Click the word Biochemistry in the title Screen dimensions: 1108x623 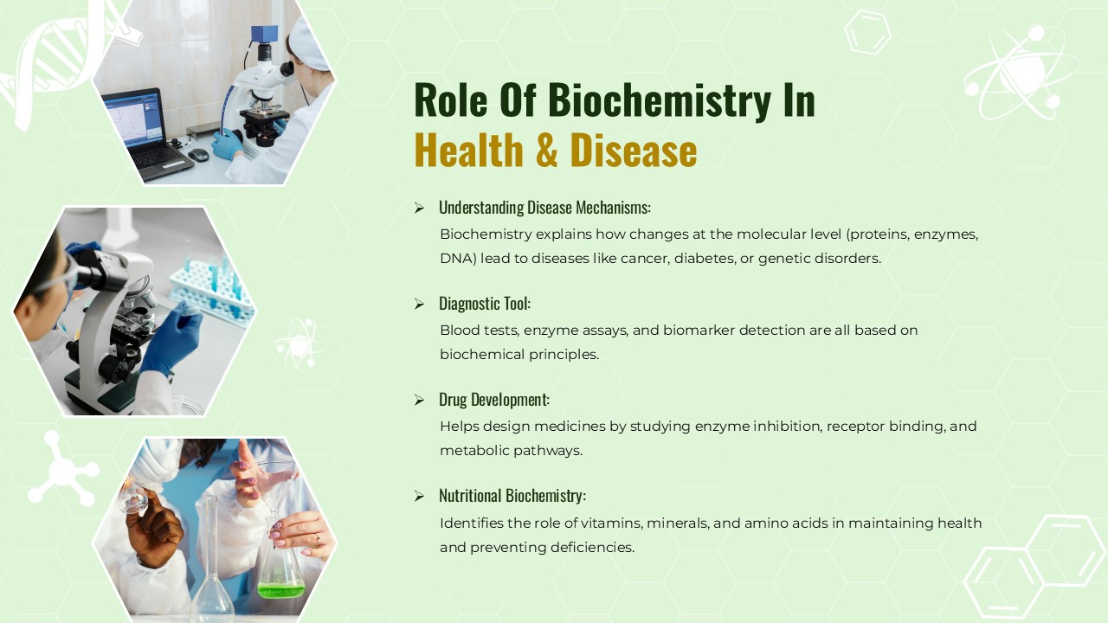click(660, 100)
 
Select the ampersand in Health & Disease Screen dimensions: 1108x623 click(546, 151)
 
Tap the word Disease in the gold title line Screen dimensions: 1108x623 click(634, 151)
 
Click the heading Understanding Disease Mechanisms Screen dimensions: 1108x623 click(544, 208)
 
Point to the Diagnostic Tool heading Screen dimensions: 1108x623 click(485, 304)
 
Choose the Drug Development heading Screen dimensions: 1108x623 click(494, 400)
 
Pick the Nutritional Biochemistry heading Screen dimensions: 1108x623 click(512, 496)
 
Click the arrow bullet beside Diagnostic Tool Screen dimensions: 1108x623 click(420, 304)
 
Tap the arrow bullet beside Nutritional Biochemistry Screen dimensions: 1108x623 click(420, 496)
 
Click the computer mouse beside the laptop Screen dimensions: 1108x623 click(199, 155)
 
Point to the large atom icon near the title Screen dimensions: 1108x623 click(1022, 72)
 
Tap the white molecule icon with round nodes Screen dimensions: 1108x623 click(64, 469)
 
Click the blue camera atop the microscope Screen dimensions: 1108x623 click(264, 34)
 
